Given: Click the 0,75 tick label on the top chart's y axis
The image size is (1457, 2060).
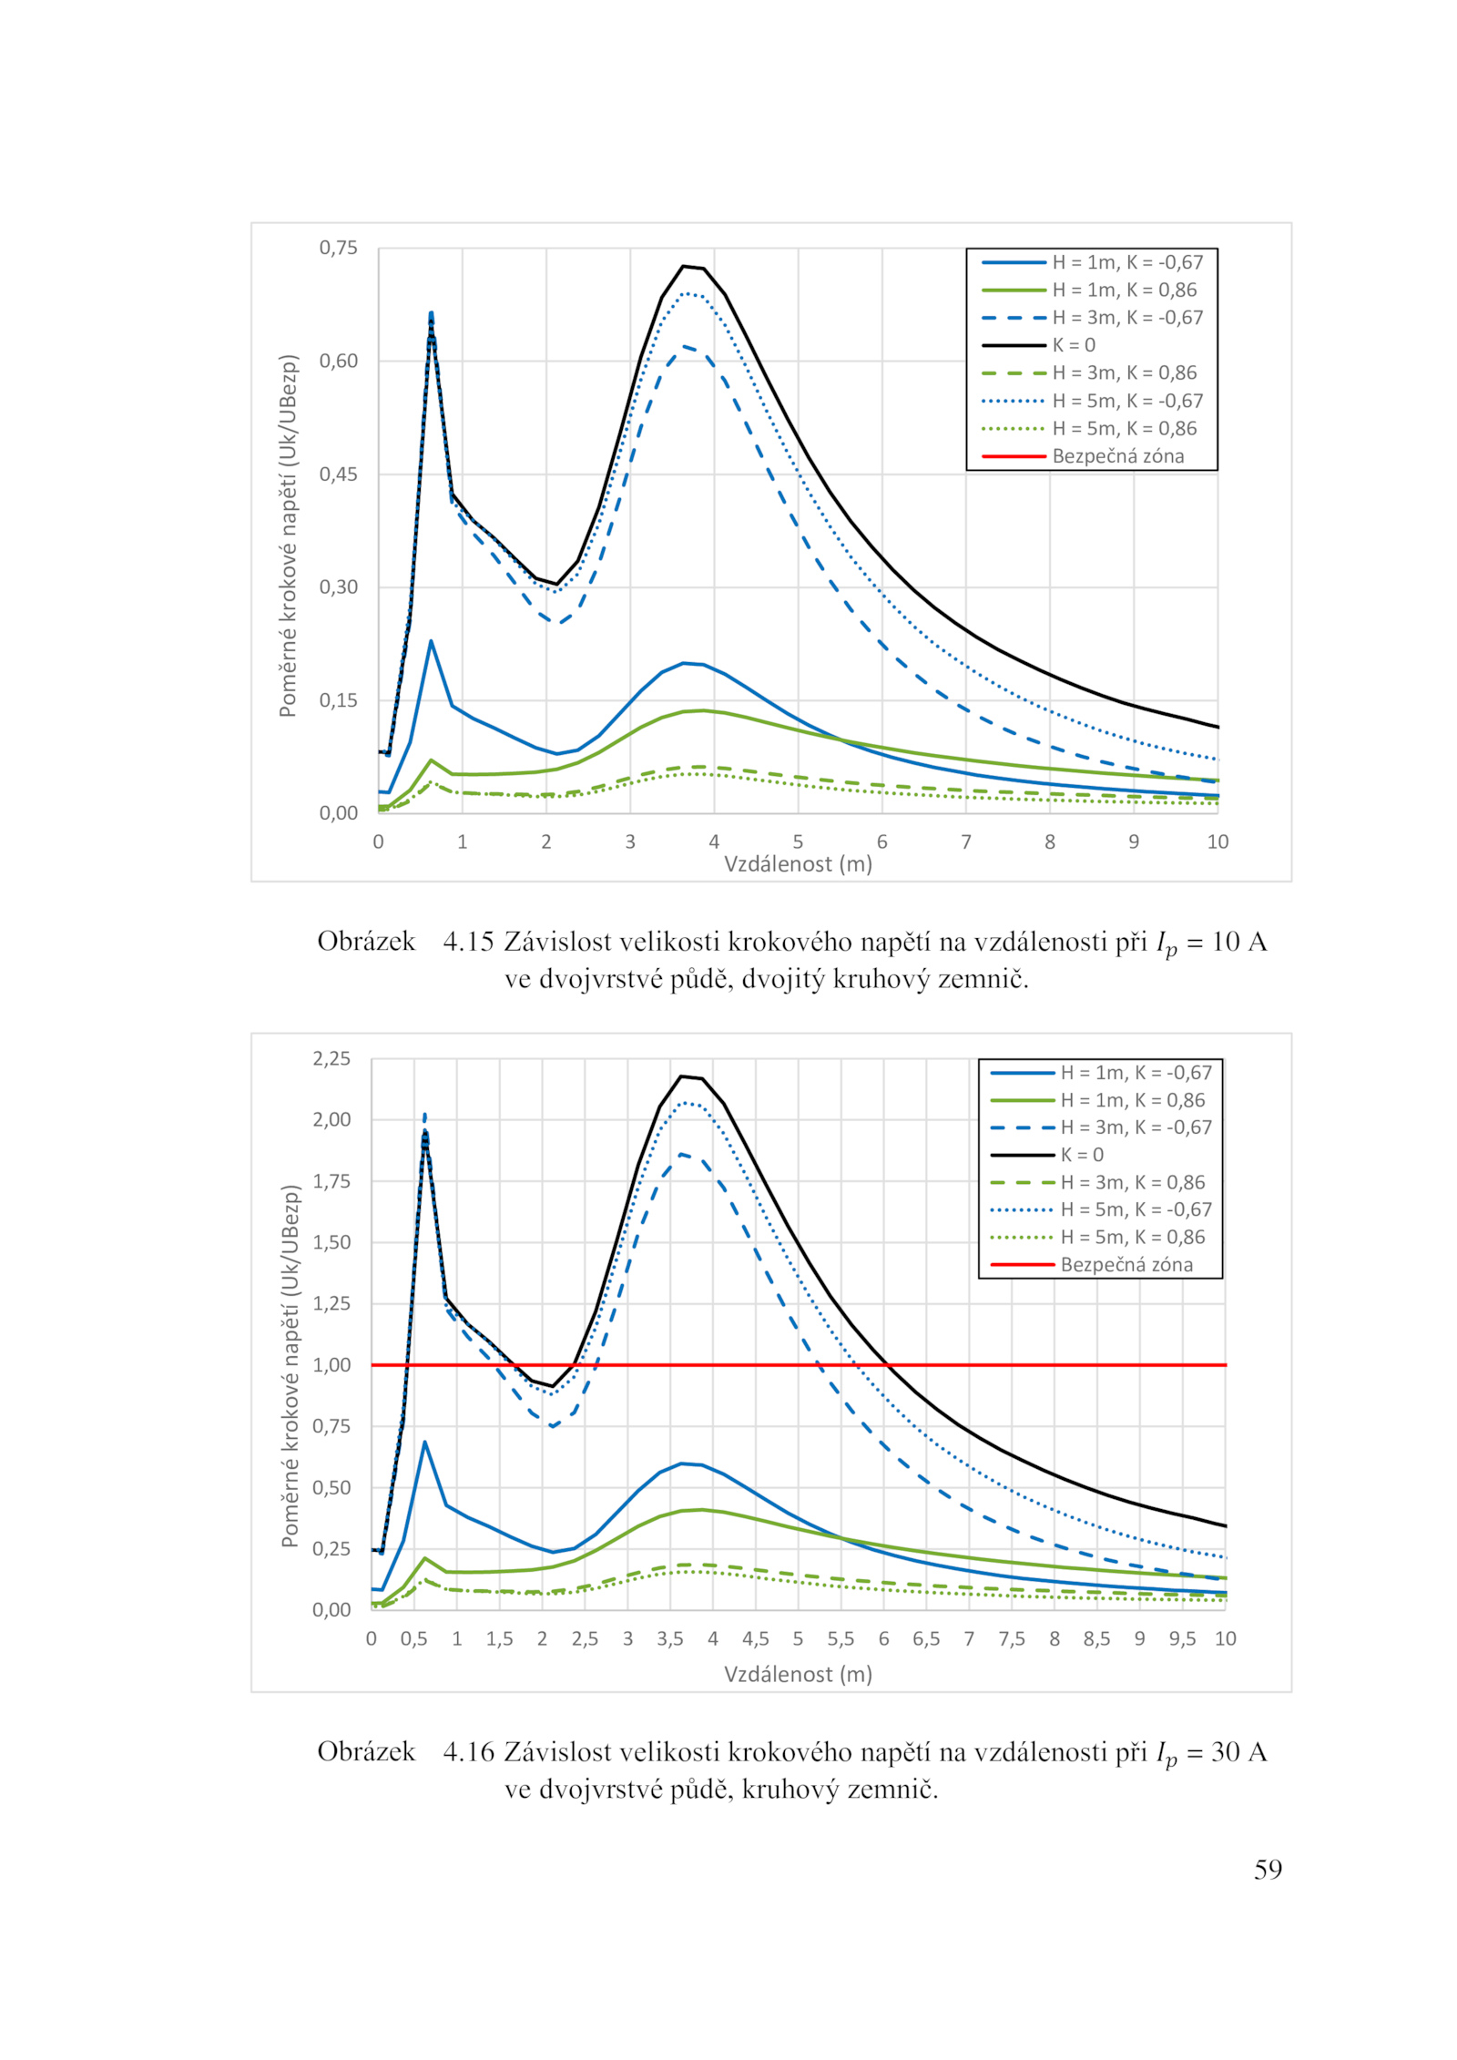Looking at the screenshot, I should [338, 248].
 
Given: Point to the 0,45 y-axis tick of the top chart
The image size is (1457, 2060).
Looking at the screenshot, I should [338, 474].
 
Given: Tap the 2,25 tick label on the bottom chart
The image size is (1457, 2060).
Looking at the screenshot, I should [331, 1058].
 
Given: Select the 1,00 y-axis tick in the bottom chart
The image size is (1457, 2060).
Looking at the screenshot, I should [331, 1364].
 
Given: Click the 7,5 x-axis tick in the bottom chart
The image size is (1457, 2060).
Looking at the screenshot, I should [1012, 1638].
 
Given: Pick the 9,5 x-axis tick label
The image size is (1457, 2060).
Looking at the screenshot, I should [1182, 1638].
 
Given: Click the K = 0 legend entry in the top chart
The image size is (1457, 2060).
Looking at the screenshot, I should [1074, 345].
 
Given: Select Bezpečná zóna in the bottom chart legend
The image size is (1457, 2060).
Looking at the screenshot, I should [1126, 1264].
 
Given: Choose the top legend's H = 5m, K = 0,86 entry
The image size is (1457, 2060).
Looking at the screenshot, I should [1125, 428].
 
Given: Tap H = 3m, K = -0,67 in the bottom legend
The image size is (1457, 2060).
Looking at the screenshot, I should [1136, 1127].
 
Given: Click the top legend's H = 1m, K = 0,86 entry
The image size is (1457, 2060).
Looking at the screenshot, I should [1125, 290].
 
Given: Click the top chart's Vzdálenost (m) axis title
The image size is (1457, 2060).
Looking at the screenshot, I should [798, 863].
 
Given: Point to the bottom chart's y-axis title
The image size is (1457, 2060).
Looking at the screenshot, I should [290, 1366].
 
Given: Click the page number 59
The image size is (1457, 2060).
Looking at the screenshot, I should [1268, 1870].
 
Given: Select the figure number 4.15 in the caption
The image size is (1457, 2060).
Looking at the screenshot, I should [468, 942].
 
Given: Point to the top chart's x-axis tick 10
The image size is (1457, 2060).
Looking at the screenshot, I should [1218, 841].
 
